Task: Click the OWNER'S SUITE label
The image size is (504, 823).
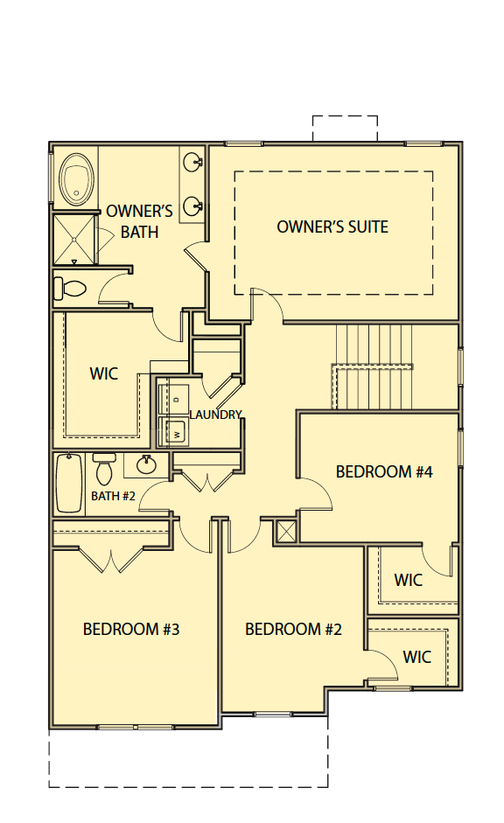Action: pos(332,227)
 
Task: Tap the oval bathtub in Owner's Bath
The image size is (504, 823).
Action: pos(77,179)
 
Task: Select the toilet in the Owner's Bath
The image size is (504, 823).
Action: pos(70,288)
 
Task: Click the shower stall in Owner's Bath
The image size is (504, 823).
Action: pos(74,240)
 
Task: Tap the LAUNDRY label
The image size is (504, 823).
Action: pos(215,415)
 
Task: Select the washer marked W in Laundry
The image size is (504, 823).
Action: pos(174,434)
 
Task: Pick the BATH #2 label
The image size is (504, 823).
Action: pos(114,496)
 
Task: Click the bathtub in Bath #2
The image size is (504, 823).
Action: pos(69,484)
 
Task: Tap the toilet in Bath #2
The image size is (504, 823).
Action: pos(104,470)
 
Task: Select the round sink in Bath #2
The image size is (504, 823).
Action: pos(145,464)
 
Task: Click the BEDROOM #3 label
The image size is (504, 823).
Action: pos(131,629)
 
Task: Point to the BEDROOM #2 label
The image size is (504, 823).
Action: pos(293,629)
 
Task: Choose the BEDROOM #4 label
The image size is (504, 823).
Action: pos(384,471)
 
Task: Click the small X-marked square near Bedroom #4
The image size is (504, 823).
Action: pos(286,531)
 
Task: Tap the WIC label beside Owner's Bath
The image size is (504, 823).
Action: pos(104,373)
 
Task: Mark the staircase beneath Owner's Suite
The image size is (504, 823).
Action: pos(373,366)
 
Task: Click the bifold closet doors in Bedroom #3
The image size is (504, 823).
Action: pos(111,560)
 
